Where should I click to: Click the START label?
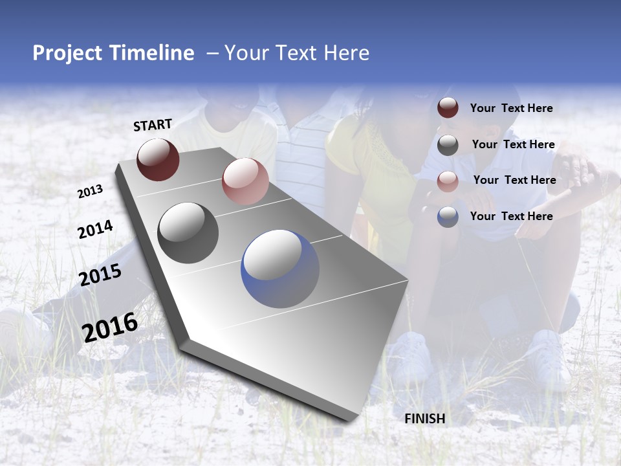(x=153, y=125)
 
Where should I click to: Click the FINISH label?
(x=425, y=419)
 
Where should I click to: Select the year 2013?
(x=90, y=192)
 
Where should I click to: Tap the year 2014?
(x=95, y=230)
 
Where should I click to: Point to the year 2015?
(x=100, y=275)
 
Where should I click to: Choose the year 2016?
(x=110, y=327)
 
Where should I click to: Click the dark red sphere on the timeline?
(x=158, y=159)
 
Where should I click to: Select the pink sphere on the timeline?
(x=245, y=181)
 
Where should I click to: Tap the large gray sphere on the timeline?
(x=188, y=233)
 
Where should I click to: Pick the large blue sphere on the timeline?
(x=280, y=269)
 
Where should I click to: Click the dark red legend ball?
(x=448, y=108)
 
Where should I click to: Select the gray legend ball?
(x=448, y=145)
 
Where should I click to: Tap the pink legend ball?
(x=448, y=181)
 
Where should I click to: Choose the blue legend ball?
(x=448, y=217)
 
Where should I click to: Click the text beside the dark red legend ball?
(x=511, y=109)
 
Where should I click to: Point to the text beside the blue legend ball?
(x=511, y=216)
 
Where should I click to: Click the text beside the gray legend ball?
(x=513, y=144)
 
